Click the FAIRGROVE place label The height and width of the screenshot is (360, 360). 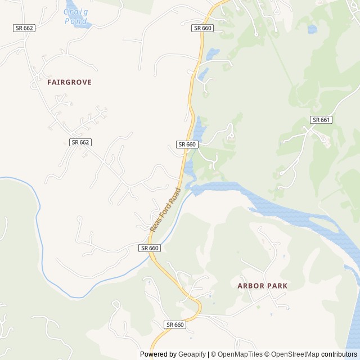point(69,82)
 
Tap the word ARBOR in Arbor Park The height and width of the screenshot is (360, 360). point(250,286)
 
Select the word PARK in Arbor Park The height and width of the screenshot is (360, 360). point(276,286)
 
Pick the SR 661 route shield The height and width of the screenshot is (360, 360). point(321,120)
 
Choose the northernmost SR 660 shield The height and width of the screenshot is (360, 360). point(202,28)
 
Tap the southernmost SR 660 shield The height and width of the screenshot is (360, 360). point(175,325)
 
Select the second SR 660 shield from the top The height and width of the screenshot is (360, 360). point(187,145)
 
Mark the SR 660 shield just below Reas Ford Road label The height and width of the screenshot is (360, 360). point(150,247)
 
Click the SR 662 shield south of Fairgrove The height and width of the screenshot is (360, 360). point(80,142)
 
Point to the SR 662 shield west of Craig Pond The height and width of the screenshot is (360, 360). point(24,28)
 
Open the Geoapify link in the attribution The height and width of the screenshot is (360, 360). point(193,354)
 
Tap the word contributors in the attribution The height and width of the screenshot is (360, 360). point(339,354)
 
